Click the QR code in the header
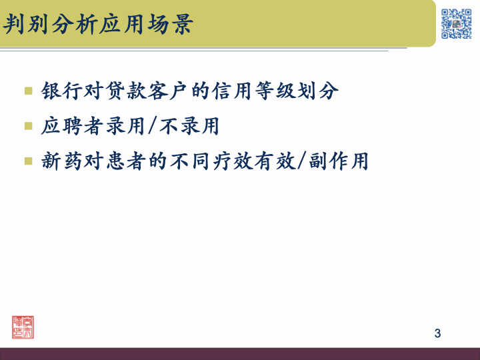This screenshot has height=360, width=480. (x=457, y=23)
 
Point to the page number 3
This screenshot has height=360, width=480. (x=437, y=333)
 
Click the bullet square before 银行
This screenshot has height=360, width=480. (x=28, y=90)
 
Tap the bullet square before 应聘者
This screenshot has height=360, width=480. (x=28, y=125)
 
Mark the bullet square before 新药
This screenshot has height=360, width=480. (x=28, y=161)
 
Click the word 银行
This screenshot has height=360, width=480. (x=60, y=91)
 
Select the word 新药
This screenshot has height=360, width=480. (x=60, y=161)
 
